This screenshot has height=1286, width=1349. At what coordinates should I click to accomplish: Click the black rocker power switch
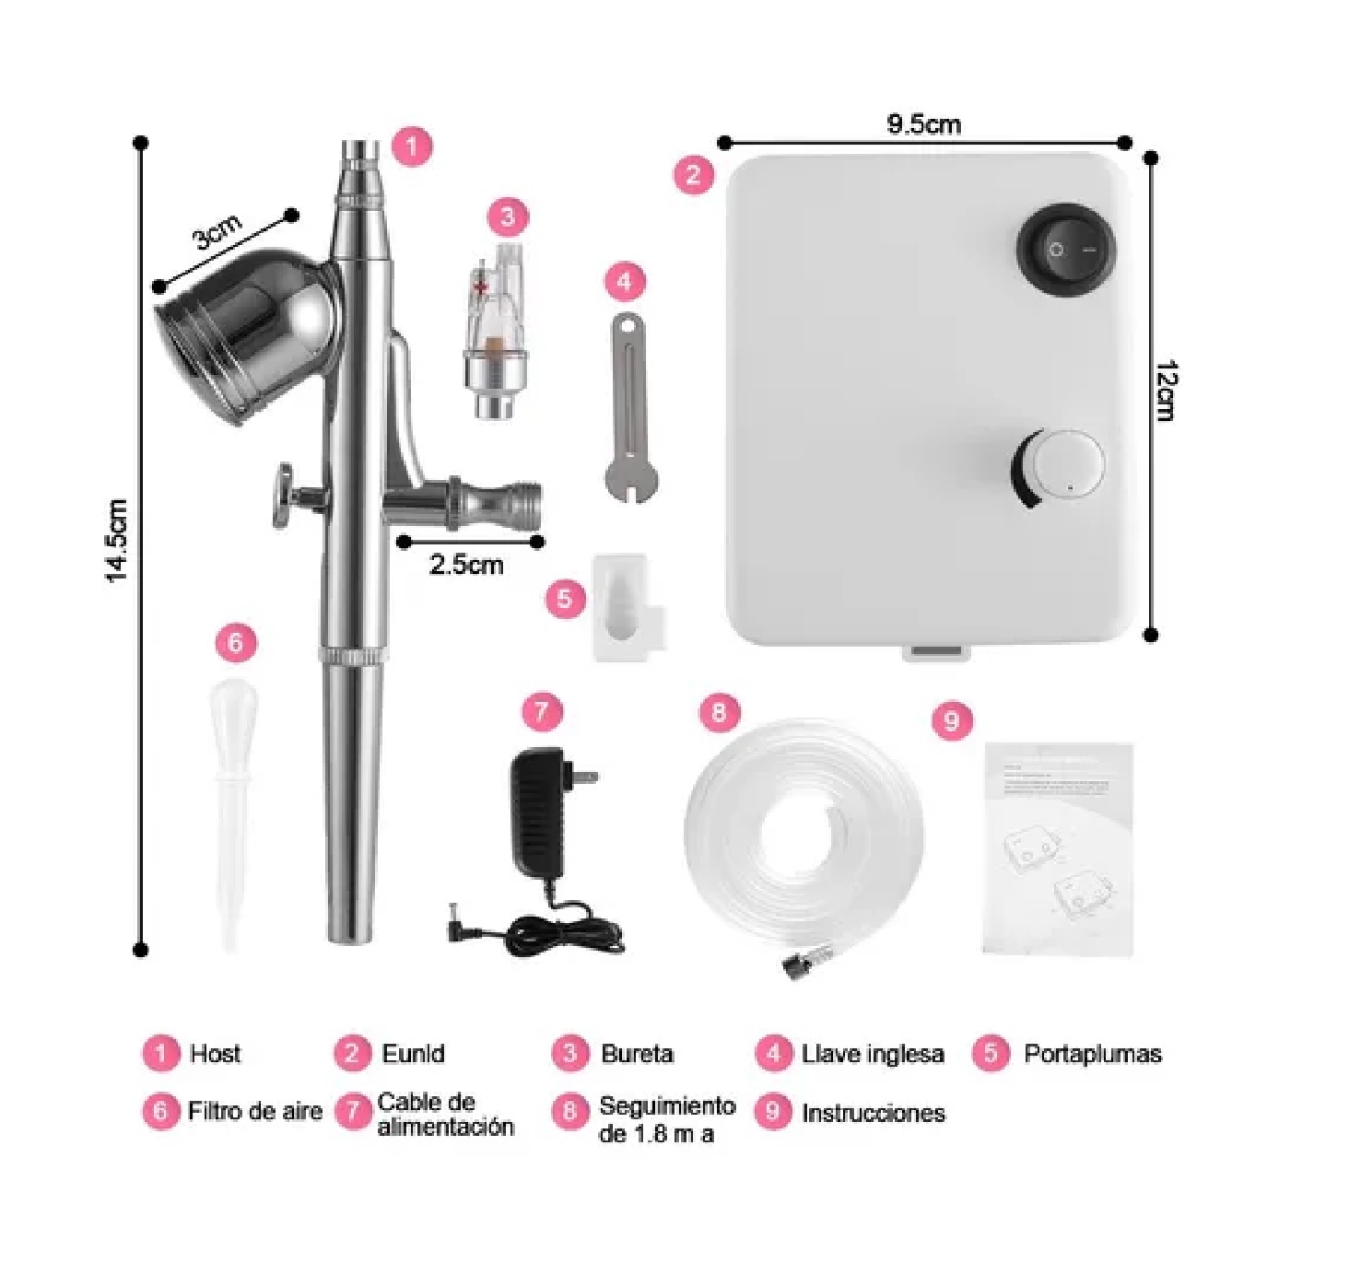[1066, 250]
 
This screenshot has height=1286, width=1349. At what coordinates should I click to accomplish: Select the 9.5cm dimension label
[923, 124]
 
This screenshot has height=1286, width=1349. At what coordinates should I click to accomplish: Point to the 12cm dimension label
[1165, 391]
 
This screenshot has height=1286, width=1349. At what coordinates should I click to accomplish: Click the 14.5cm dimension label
[116, 541]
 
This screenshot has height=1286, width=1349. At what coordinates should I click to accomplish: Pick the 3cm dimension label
[217, 231]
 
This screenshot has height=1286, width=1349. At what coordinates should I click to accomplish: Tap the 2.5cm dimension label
[466, 564]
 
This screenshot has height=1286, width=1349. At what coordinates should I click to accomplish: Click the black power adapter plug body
[539, 811]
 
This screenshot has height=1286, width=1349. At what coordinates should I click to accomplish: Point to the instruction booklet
[1059, 848]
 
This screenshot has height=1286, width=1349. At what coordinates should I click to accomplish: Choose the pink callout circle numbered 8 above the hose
[719, 712]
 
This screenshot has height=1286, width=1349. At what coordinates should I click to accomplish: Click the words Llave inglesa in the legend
[873, 1054]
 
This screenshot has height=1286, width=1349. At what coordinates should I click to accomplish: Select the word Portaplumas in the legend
[1092, 1054]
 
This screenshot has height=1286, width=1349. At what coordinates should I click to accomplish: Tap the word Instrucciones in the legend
[873, 1113]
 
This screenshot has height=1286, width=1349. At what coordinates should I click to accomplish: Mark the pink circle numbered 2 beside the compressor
[694, 174]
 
